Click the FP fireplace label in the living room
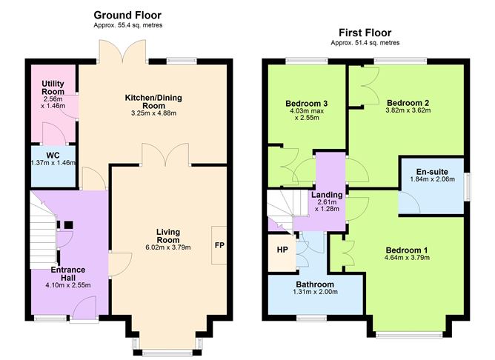(x=219, y=245)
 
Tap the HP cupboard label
(x=282, y=250)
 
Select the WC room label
(x=53, y=156)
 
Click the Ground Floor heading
(x=127, y=15)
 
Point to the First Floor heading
(x=365, y=33)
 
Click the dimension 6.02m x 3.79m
(x=168, y=247)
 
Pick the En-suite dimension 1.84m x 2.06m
(x=432, y=179)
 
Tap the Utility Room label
(x=53, y=87)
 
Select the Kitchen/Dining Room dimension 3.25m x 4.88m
(x=153, y=113)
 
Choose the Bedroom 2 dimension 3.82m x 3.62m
(x=408, y=110)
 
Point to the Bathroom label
(x=315, y=284)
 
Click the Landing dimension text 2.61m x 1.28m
(x=327, y=205)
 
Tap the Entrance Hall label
(x=68, y=274)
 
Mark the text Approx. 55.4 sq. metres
(x=128, y=25)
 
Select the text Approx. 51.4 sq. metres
(x=365, y=43)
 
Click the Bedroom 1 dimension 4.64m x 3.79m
(x=407, y=258)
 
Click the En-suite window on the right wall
(x=467, y=187)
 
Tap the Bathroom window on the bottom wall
(x=311, y=318)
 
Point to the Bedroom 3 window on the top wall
(x=307, y=61)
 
